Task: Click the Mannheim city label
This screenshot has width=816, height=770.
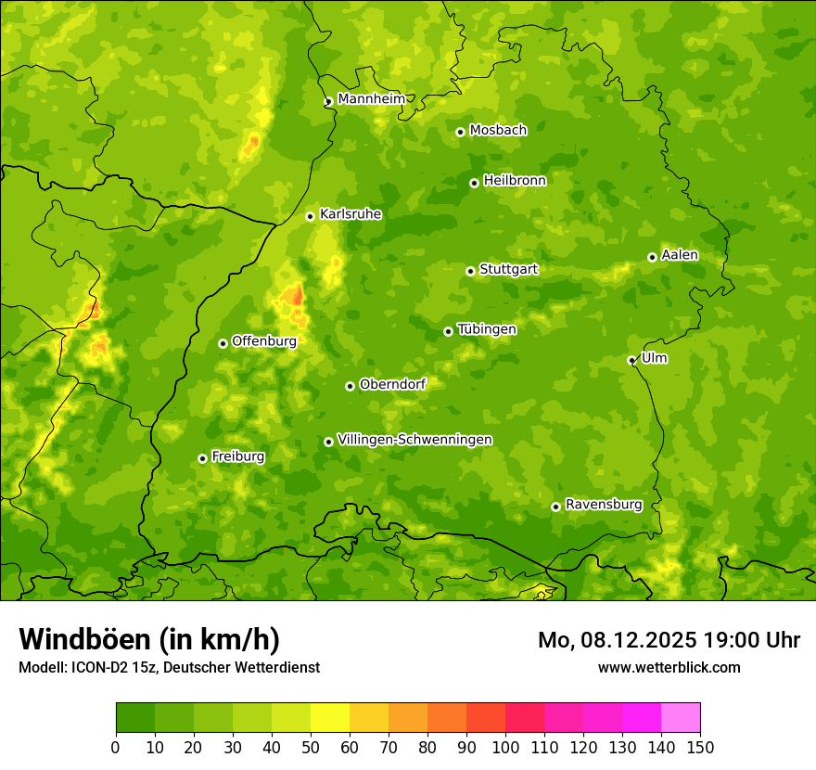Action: click(x=371, y=99)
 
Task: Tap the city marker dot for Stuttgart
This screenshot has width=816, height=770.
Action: click(x=470, y=271)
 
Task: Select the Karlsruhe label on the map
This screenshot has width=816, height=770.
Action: click(x=351, y=214)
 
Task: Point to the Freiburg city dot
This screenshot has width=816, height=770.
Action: click(x=202, y=458)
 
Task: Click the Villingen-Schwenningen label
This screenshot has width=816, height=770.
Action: click(x=414, y=440)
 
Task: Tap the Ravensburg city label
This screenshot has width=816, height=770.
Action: click(x=604, y=505)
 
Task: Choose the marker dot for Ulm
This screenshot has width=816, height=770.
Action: click(x=631, y=360)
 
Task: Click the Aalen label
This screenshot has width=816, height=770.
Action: click(x=680, y=255)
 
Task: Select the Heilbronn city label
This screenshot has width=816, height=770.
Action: click(x=515, y=181)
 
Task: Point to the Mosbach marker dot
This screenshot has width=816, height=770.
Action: click(x=460, y=132)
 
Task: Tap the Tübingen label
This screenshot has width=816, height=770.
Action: click(x=487, y=329)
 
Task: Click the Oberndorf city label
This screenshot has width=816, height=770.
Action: click(x=392, y=384)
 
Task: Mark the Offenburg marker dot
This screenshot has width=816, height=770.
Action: click(x=223, y=343)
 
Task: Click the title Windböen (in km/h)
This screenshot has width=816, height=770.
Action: click(x=149, y=639)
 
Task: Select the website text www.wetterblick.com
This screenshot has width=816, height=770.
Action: click(x=669, y=667)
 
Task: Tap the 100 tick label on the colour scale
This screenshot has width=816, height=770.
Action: click(x=505, y=747)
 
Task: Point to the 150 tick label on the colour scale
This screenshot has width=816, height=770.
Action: click(x=700, y=747)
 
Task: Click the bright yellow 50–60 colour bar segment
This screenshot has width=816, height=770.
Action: click(x=330, y=718)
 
